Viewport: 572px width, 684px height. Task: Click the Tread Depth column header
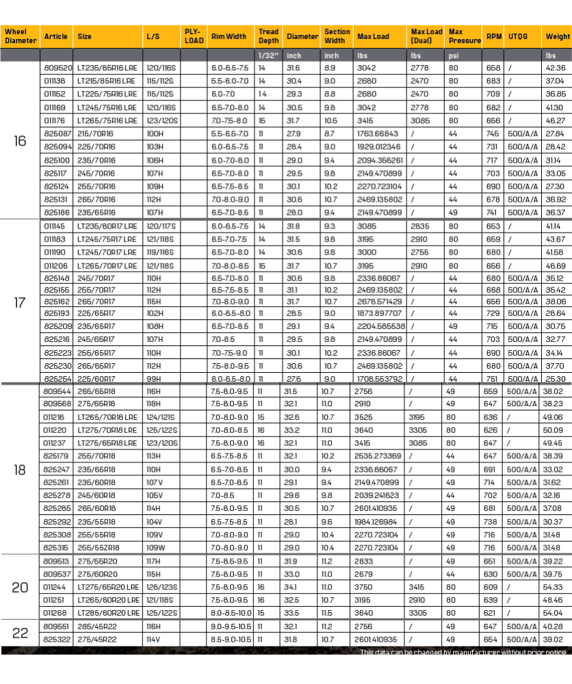tap(268, 36)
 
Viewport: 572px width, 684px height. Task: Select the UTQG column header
tap(517, 36)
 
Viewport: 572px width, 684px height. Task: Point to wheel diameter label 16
tap(20, 141)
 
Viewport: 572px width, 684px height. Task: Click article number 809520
tap(58, 68)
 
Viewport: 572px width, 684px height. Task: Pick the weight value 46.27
tap(555, 120)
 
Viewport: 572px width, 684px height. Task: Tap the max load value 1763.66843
tap(378, 133)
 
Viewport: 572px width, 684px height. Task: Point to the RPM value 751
tap(492, 378)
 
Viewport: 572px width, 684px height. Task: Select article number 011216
tap(55, 417)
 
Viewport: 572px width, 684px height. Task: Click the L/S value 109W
tap(155, 547)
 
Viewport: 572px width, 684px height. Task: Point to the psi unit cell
tap(454, 55)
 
